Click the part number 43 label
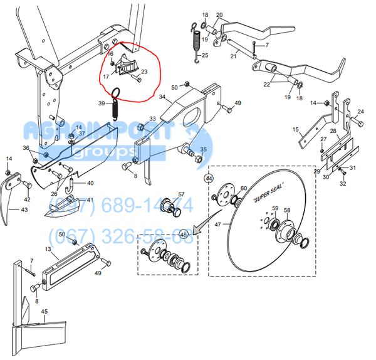click(x=24, y=209)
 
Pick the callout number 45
click(x=44, y=311)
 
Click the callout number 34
click(x=162, y=97)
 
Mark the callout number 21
click(x=233, y=56)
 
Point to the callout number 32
click(x=343, y=183)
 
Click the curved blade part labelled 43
click(x=10, y=198)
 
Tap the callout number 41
click(x=89, y=200)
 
